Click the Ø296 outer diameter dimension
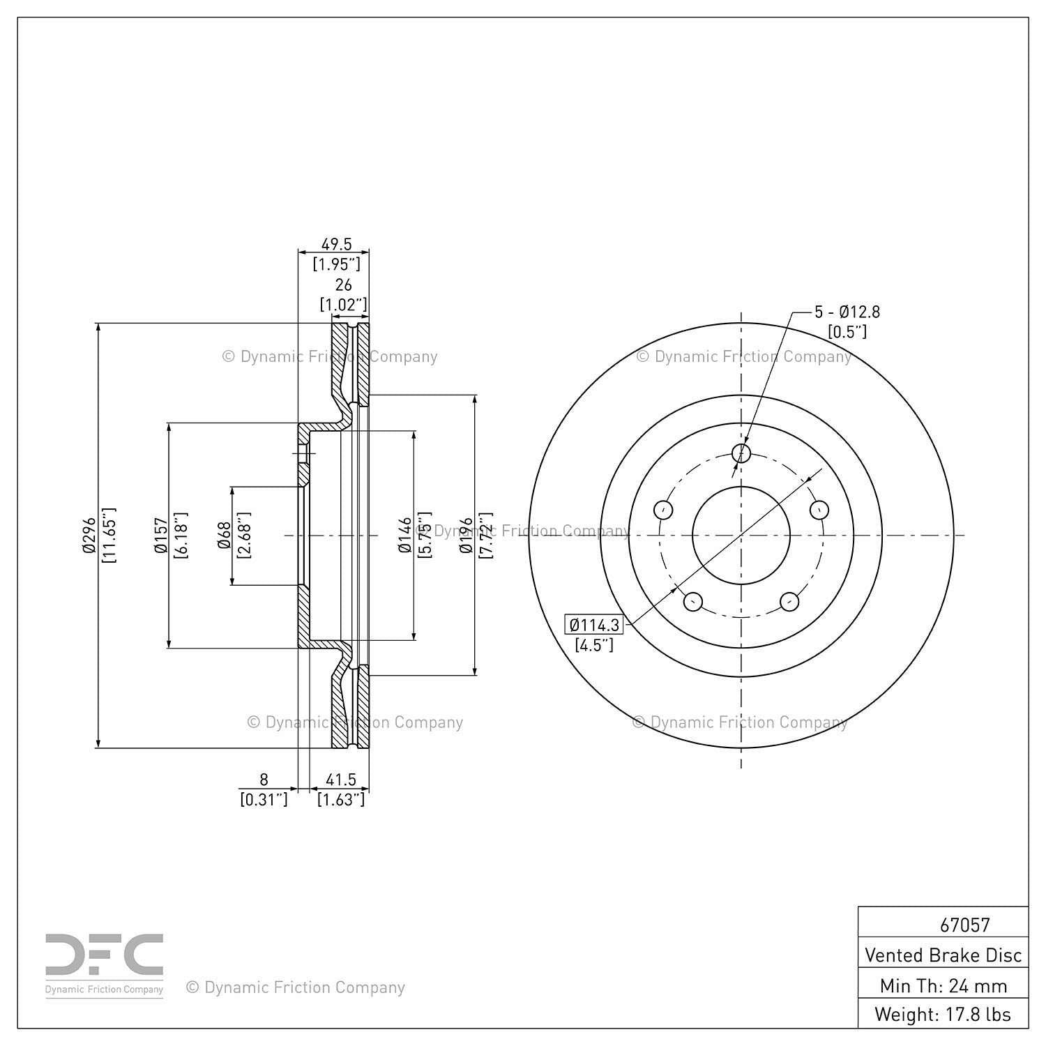click(88, 536)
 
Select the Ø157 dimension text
click(160, 536)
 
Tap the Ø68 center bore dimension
click(224, 536)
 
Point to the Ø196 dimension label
click(466, 536)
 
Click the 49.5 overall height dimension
click(336, 244)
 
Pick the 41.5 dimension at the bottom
click(341, 780)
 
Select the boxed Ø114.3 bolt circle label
click(593, 625)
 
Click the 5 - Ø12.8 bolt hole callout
click(847, 312)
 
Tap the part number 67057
click(964, 925)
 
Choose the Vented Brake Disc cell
click(943, 955)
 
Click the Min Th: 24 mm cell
click(943, 985)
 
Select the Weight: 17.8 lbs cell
click(943, 1014)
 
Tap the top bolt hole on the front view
click(742, 453)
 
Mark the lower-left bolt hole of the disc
click(692, 601)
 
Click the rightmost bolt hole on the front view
click(819, 510)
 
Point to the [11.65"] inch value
click(108, 536)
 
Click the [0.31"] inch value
click(264, 799)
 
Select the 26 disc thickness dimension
click(343, 285)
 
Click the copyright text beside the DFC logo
click(296, 987)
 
